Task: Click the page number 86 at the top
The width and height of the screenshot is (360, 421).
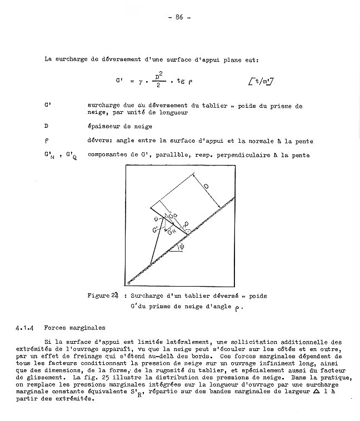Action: click(x=179, y=17)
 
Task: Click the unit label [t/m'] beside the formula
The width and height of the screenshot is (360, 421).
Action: click(x=264, y=82)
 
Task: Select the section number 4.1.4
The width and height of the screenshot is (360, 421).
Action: click(x=24, y=328)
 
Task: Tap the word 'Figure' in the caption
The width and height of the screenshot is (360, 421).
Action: click(x=98, y=296)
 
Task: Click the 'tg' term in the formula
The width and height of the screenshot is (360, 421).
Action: click(x=179, y=81)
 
